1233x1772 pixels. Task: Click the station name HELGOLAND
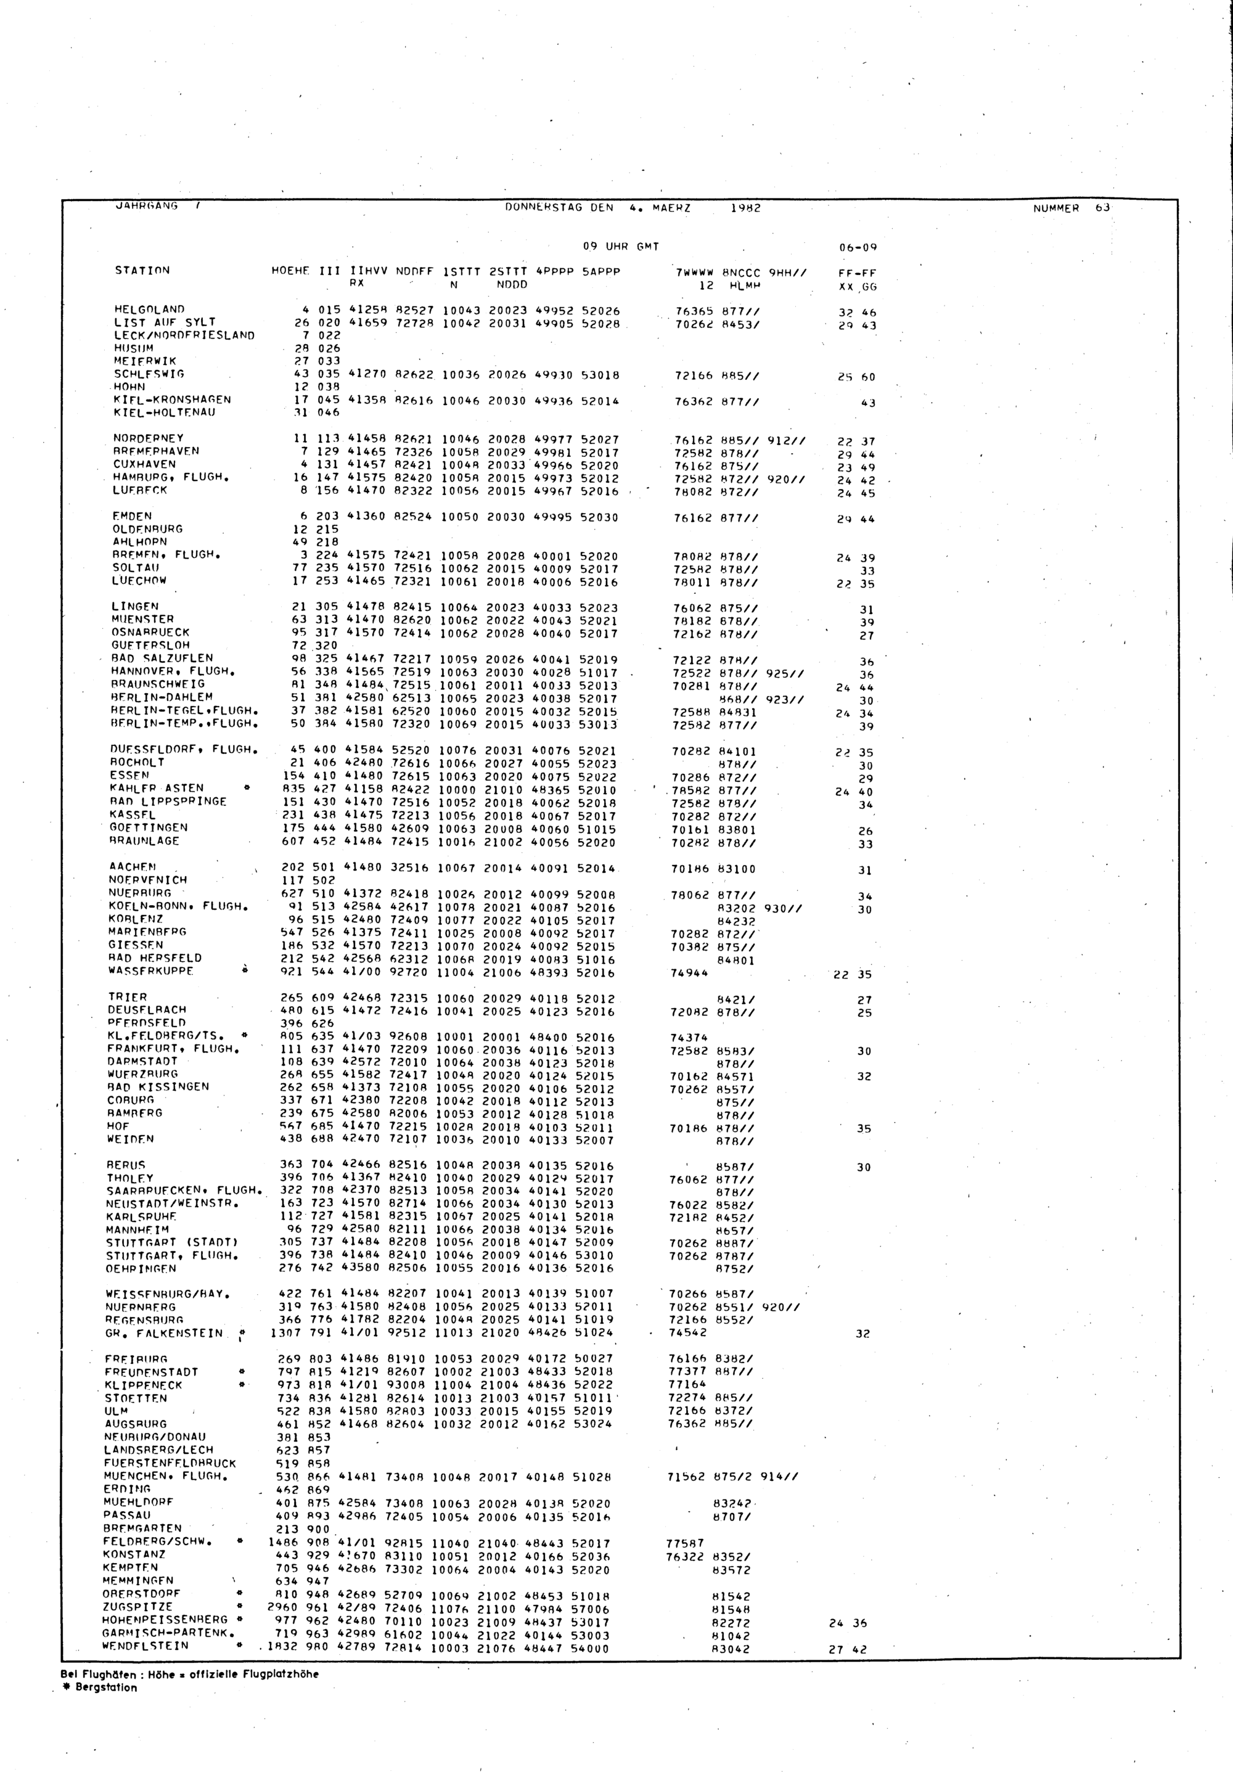149,310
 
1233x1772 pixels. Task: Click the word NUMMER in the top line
1055,208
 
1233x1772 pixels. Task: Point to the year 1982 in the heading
745,208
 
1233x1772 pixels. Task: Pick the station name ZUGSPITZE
138,1607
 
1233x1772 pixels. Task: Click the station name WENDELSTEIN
144,1646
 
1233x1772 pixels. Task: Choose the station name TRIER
128,997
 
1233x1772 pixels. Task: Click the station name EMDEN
132,516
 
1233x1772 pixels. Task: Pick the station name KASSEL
132,815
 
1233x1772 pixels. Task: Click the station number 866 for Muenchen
319,1477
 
